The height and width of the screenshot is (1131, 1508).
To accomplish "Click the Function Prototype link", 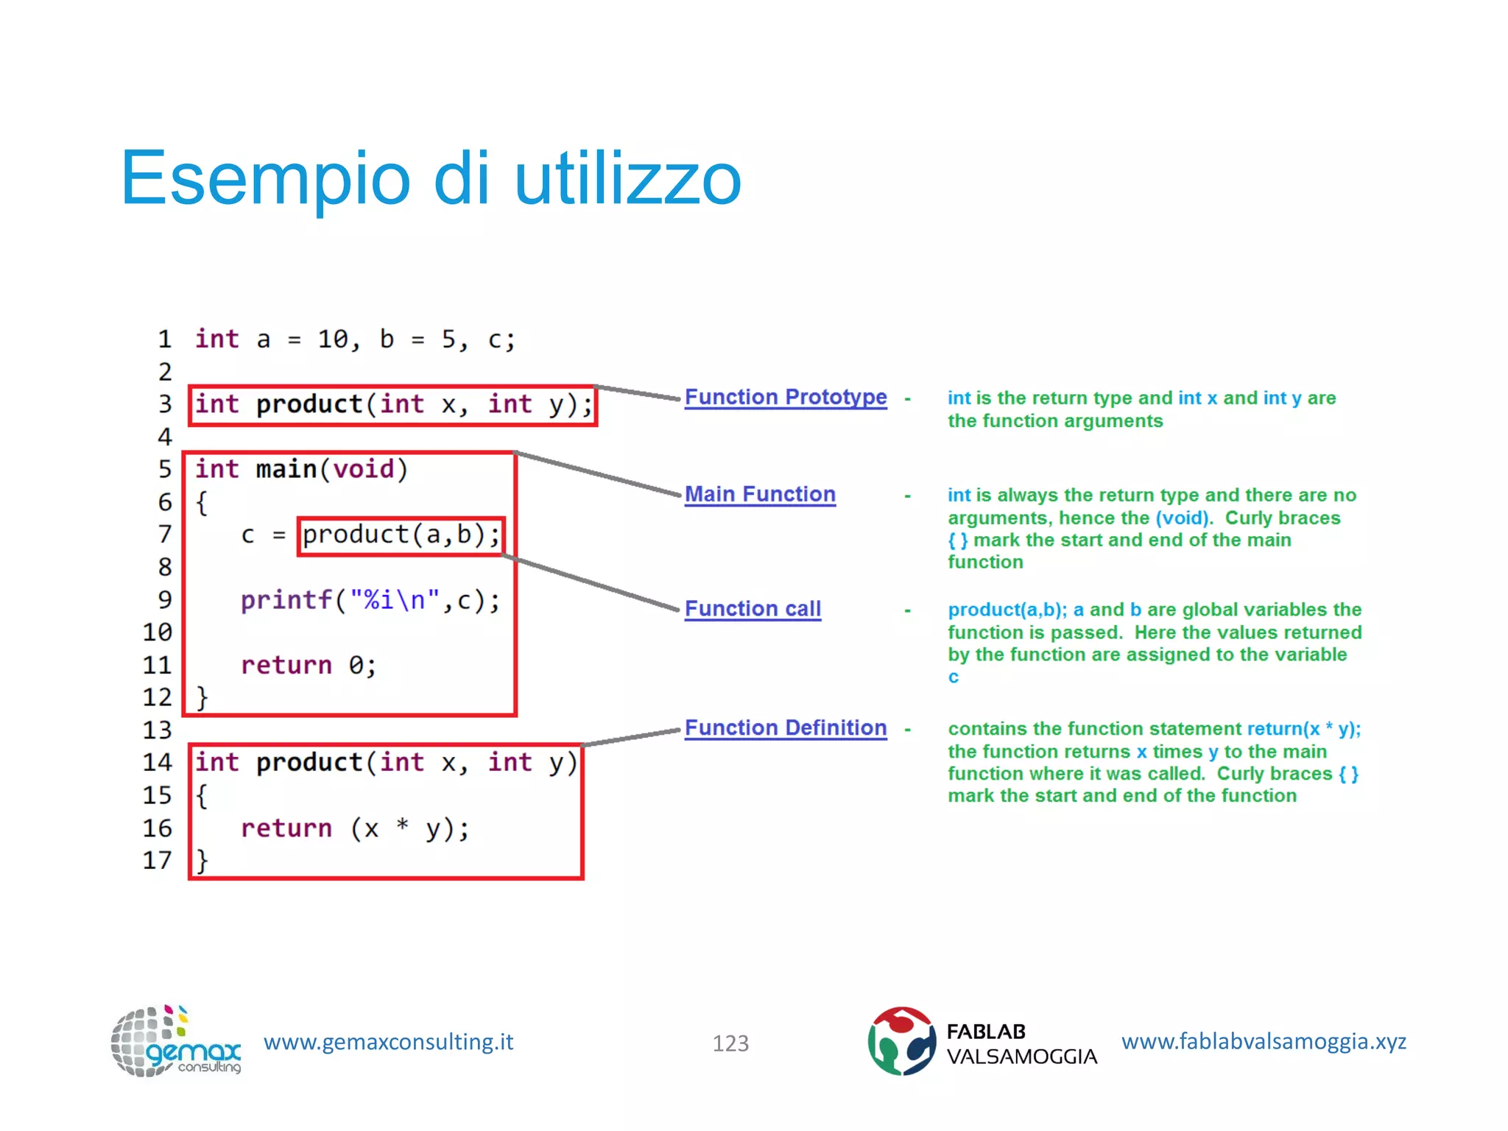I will coord(785,398).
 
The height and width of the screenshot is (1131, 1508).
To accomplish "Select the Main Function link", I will coord(760,494).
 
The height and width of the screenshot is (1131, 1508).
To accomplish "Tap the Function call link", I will coord(753,609).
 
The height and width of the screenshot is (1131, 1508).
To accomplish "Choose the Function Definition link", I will coord(785,728).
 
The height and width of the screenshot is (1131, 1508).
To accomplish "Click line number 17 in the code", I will coord(157,860).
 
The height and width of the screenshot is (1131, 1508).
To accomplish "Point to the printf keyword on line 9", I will coord(286,600).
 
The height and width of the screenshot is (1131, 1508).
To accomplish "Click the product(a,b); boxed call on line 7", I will coord(401,535).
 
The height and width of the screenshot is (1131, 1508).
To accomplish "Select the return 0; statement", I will coord(309,666).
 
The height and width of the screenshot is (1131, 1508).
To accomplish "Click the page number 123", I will coord(730,1043).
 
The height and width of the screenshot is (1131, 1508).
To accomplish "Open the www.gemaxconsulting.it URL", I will coord(388,1042).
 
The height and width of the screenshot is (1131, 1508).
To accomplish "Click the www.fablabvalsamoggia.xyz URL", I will coord(1264,1042).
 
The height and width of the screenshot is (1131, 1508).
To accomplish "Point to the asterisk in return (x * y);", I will coord(402,825).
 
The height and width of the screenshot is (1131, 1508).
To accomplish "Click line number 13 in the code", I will coord(157,730).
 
